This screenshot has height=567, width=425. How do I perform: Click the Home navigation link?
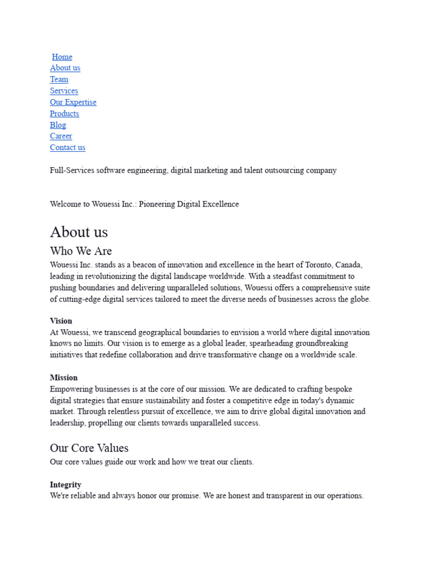(x=62, y=56)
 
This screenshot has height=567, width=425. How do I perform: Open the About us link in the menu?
(x=65, y=68)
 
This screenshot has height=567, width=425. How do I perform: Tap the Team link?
(x=59, y=79)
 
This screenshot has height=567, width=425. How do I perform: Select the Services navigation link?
(x=64, y=91)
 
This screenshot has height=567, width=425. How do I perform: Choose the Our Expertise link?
(x=73, y=102)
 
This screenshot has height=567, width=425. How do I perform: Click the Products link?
(x=64, y=114)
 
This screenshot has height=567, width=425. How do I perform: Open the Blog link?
(x=58, y=125)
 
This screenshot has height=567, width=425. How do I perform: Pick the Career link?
(x=61, y=136)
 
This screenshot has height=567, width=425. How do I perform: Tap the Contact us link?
(x=68, y=147)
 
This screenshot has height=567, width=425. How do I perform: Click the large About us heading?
(x=79, y=231)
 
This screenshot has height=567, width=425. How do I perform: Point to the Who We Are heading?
(x=81, y=251)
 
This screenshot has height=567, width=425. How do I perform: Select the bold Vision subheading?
(x=61, y=321)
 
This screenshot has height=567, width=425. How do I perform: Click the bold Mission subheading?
(x=64, y=378)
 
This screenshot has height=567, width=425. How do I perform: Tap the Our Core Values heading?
(x=89, y=448)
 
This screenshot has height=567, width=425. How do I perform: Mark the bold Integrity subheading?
(x=65, y=484)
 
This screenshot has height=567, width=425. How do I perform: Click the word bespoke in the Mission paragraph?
(x=338, y=389)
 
